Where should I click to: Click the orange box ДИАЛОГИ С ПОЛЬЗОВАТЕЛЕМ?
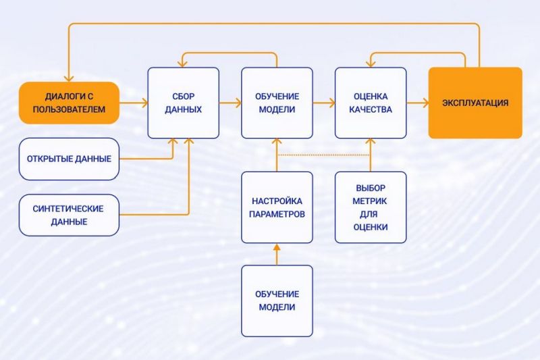[69, 103]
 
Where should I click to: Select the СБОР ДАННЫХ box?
[183, 103]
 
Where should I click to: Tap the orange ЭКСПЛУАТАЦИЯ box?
[475, 103]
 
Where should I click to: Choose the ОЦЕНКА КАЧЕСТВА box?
[371, 103]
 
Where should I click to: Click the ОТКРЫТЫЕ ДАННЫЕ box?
[69, 159]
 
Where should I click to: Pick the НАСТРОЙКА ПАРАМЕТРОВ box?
[277, 207]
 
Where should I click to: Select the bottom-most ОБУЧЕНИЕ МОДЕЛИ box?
[277, 301]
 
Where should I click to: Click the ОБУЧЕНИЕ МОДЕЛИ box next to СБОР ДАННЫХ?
[277, 103]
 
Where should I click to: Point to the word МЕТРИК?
[369, 201]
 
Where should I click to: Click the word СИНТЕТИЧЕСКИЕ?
[68, 209]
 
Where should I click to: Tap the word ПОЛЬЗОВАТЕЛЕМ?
[69, 109]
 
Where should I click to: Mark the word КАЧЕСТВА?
[371, 109]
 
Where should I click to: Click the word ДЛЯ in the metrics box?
[369, 214]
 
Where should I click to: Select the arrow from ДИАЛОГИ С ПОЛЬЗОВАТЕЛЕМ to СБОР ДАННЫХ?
[134, 103]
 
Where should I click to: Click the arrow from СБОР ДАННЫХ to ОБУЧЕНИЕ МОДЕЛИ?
[230, 103]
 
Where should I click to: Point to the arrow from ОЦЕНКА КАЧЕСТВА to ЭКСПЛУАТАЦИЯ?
[418, 103]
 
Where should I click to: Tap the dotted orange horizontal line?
[324, 155]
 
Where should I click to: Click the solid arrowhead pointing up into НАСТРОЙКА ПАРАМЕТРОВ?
[277, 247]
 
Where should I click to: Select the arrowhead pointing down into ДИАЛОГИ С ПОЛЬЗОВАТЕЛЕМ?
[69, 78]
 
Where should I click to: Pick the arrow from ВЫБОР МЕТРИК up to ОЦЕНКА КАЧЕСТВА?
[371, 155]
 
